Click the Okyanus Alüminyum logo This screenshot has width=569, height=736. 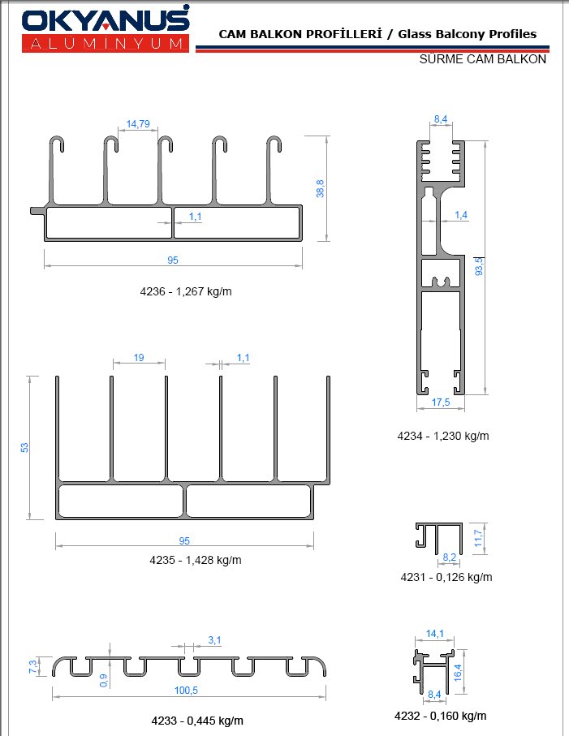coord(106,29)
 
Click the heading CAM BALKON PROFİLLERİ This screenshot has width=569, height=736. coord(301,34)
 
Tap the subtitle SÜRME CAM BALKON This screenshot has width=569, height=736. coord(483,59)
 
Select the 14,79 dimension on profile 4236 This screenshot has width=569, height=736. coord(138,124)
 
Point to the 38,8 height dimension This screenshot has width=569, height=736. coord(320,189)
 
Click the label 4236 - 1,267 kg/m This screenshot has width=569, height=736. coord(186,291)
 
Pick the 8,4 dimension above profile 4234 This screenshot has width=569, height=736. coord(441,119)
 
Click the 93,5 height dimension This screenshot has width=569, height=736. coord(479,266)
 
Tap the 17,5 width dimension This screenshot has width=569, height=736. coord(441,402)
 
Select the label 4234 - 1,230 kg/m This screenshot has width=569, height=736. coord(443,436)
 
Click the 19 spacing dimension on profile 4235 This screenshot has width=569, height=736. coord(139,358)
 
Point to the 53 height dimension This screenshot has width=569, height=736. coord(24,447)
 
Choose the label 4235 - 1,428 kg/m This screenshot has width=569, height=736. coord(196,560)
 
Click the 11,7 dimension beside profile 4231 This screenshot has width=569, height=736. coord(478,538)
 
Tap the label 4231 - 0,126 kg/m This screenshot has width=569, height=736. coord(446,577)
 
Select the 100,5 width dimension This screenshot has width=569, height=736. coord(187,691)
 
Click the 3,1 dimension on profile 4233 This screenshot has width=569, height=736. coord(214,640)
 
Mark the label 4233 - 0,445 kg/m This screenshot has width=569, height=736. coord(197,721)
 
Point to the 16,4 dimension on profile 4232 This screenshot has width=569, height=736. coord(459,673)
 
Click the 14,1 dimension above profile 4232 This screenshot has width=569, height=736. coord(435,634)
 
